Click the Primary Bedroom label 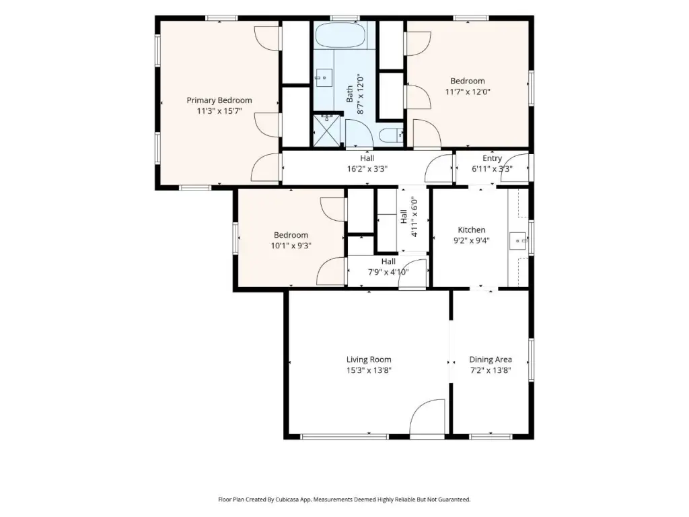(219, 100)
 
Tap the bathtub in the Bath (340, 36)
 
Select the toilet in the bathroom (391, 135)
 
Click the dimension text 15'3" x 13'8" (369, 370)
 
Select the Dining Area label (491, 359)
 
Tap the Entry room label (492, 158)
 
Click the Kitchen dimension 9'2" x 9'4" (472, 240)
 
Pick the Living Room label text (369, 359)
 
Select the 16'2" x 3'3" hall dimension (367, 169)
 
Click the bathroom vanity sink (324, 78)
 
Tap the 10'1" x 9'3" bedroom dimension (291, 246)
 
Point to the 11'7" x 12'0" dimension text (468, 92)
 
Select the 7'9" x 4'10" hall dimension (388, 272)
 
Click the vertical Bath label (350, 94)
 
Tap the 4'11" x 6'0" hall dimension (414, 217)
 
